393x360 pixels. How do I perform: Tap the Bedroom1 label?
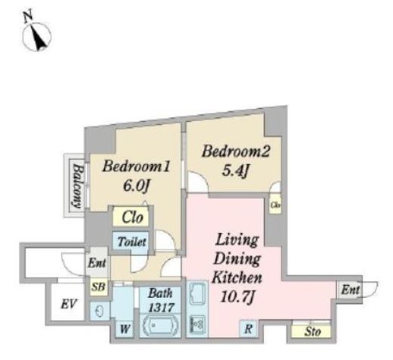136,167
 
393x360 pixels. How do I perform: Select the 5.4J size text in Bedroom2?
235,171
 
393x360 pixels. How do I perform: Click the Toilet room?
132,241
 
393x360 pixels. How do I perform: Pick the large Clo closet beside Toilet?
131,216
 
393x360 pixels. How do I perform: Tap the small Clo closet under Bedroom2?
275,204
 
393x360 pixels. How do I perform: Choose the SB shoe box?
98,287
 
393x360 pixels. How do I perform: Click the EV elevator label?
69,304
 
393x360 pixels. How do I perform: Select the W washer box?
125,329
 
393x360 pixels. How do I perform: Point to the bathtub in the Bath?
160,325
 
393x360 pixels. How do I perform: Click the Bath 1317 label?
161,300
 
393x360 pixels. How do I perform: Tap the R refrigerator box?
248,328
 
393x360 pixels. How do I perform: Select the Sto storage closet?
311,331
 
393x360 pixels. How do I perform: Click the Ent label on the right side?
350,290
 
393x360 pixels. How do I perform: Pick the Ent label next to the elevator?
97,263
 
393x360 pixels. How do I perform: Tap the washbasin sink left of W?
100,311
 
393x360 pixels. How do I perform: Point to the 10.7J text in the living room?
237,296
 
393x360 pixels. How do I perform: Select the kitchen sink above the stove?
197,293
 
